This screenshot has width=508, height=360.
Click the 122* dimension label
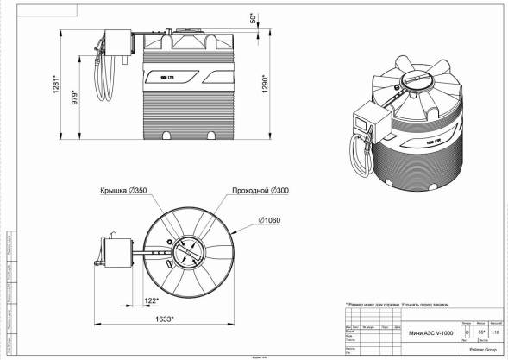[x=152, y=300]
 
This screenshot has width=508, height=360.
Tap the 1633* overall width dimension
[x=163, y=319]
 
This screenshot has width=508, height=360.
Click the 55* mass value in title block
[x=480, y=331]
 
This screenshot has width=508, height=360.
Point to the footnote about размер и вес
[x=397, y=305]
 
